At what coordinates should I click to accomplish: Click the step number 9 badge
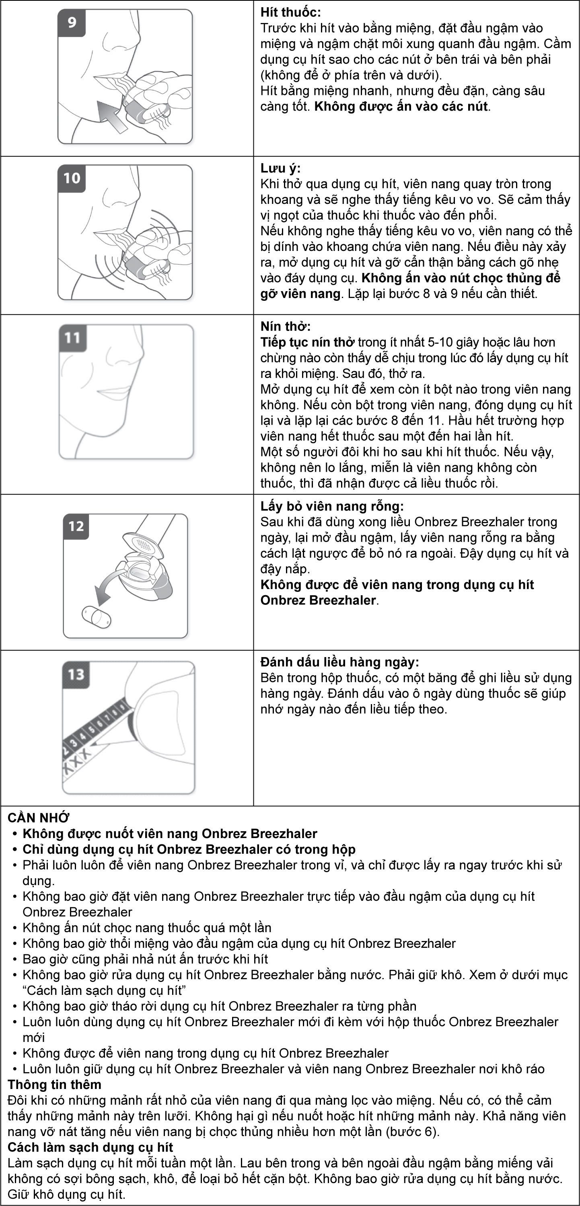tap(72, 23)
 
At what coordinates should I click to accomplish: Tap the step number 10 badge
tap(72, 179)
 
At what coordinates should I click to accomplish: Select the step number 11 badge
tap(72, 337)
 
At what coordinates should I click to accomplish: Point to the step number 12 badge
tap(76, 526)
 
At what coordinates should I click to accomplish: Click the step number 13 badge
tap(76, 675)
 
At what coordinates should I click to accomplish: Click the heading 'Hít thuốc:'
tap(291, 12)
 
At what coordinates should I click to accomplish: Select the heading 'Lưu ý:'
tap(280, 168)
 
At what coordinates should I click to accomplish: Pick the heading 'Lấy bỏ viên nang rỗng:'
tap(332, 506)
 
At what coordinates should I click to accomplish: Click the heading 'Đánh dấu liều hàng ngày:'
tap(339, 662)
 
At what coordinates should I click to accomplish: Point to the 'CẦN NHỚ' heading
tap(38, 818)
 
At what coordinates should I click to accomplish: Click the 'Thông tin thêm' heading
tap(54, 1084)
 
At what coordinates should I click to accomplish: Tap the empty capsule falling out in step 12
tap(96, 616)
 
